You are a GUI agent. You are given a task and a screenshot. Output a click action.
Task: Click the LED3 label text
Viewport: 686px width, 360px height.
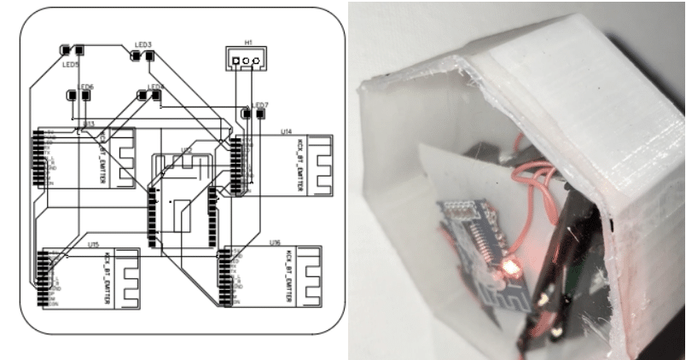[143, 44]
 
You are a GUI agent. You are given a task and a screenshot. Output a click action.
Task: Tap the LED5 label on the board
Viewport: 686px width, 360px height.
[71, 64]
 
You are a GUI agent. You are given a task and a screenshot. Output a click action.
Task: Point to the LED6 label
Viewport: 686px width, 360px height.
[86, 87]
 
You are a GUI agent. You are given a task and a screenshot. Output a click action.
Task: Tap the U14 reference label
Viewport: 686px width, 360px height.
[287, 131]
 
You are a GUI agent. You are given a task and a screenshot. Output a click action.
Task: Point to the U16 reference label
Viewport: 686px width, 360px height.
[275, 243]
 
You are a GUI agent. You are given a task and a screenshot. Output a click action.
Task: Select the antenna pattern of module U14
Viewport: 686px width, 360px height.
[317, 166]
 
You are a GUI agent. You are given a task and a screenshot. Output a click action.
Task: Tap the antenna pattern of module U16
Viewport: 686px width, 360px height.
[310, 278]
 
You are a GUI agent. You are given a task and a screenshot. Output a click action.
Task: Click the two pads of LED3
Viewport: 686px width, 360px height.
[142, 56]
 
